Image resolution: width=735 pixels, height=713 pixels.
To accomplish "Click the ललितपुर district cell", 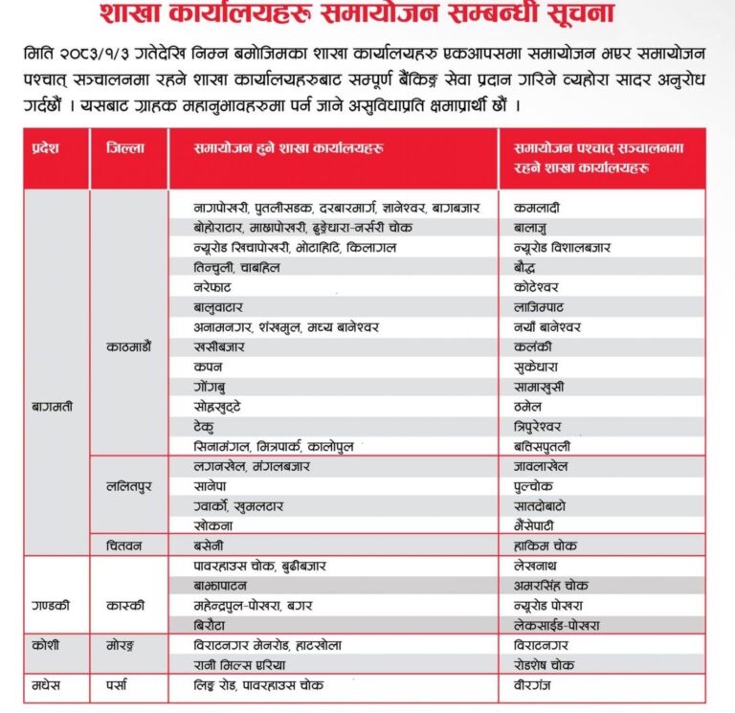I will (128, 485).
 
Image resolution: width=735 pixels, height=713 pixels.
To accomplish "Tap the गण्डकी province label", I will (49, 605).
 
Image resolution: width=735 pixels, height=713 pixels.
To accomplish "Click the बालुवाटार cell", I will (219, 307).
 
